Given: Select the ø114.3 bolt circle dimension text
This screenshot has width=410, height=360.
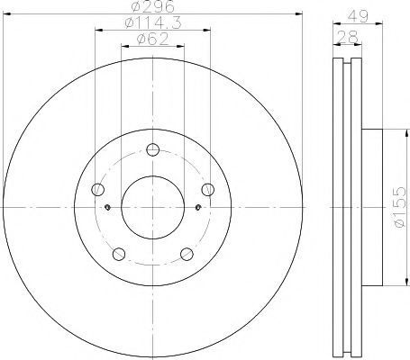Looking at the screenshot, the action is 153,22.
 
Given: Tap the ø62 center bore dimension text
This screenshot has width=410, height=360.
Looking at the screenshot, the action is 153,39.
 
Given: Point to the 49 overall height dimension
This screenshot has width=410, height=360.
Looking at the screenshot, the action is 358,16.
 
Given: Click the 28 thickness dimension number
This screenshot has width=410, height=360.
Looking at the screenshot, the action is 348,37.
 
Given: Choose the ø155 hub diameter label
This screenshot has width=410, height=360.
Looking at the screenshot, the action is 399,207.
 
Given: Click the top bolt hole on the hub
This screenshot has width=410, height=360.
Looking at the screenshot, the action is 153,149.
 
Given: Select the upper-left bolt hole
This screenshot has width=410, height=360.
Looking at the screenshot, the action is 97,190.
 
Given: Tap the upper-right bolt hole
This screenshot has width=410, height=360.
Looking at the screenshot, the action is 208,190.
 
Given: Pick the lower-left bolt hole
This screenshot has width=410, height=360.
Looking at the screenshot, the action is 119,254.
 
